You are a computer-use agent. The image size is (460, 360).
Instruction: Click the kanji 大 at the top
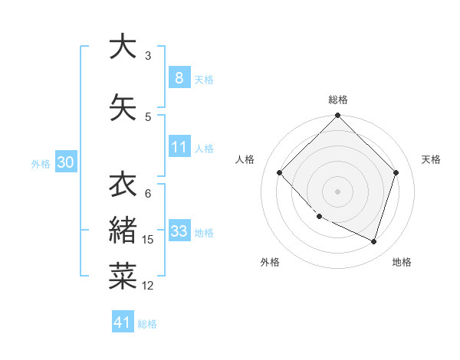pyautogui.click(x=123, y=47)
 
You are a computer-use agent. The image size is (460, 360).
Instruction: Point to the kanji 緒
pyautogui.click(x=123, y=231)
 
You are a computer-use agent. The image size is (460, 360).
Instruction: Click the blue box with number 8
pyautogui.click(x=179, y=77)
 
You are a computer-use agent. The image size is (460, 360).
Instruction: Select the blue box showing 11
pyautogui.click(x=179, y=147)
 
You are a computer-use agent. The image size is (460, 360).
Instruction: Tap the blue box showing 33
pyautogui.click(x=179, y=232)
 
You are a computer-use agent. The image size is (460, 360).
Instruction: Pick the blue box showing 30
pyautogui.click(x=66, y=162)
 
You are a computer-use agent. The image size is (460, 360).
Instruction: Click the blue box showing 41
pyautogui.click(x=123, y=322)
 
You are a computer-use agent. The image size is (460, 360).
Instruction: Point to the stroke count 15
pyautogui.click(x=148, y=240)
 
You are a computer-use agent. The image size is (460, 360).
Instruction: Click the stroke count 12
pyautogui.click(x=148, y=286)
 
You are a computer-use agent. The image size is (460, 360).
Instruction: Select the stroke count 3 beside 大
pyautogui.click(x=148, y=56)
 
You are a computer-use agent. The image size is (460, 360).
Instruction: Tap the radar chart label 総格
pyautogui.click(x=337, y=100)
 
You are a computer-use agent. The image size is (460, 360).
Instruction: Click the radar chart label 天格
pyautogui.click(x=431, y=159)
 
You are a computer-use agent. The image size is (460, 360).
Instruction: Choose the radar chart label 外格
pyautogui.click(x=270, y=262)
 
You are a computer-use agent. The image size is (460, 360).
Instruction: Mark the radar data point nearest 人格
pyautogui.click(x=280, y=173)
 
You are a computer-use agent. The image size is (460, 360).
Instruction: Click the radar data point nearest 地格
pyautogui.click(x=374, y=242)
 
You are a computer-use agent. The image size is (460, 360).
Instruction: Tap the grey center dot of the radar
pyautogui.click(x=337, y=191)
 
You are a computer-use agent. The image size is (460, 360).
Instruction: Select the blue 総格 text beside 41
pyautogui.click(x=147, y=324)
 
